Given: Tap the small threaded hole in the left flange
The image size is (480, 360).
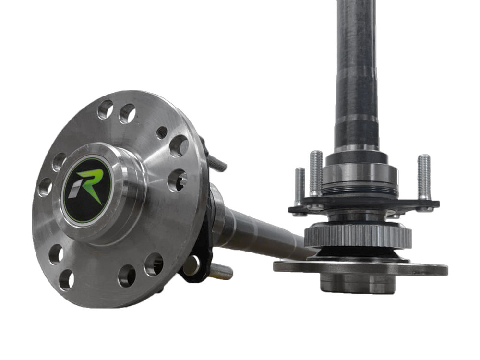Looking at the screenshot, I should pos(162,132).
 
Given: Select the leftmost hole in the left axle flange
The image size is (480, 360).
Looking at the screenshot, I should pos(45,187).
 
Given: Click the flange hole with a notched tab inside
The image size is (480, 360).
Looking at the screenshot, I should pos(177,180).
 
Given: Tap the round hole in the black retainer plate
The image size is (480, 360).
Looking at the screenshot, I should pos(191,264).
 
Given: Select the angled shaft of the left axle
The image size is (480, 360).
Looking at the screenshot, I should pos(259,237).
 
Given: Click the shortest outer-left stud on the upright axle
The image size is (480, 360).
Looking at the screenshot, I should pos(300,185).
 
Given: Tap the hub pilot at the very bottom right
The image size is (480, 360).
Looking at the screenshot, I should pos(358,284).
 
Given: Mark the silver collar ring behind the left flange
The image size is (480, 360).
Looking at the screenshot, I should pos(217,214).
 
